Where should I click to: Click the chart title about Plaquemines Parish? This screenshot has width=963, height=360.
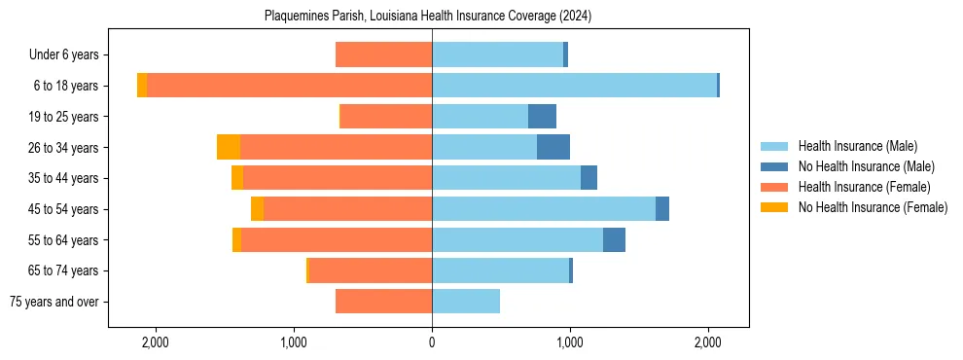[428, 17]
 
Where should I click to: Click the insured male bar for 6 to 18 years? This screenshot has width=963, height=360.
[574, 86]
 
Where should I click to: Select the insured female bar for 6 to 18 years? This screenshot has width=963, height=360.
[290, 86]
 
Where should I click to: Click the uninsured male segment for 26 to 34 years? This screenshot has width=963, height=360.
[553, 147]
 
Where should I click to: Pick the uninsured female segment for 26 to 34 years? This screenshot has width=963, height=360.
[229, 147]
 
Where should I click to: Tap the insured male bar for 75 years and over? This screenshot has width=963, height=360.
[466, 302]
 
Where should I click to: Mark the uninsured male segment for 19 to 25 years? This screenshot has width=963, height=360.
[542, 117]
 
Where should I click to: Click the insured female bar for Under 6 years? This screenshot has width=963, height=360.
[383, 55]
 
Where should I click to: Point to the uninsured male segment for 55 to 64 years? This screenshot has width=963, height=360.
[614, 239]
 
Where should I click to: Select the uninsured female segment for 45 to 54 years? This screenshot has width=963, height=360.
[257, 209]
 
